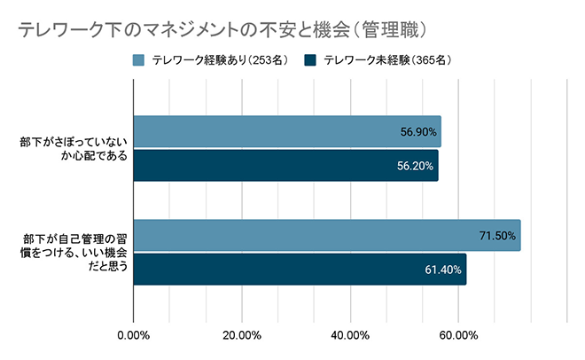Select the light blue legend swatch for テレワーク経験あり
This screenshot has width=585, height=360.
click(139, 61)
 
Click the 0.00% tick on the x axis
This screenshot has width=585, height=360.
click(134, 335)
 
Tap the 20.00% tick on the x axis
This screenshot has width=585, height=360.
click(242, 335)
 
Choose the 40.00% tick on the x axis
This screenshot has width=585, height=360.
click(350, 335)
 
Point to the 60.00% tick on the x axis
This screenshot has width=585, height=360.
click(458, 335)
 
